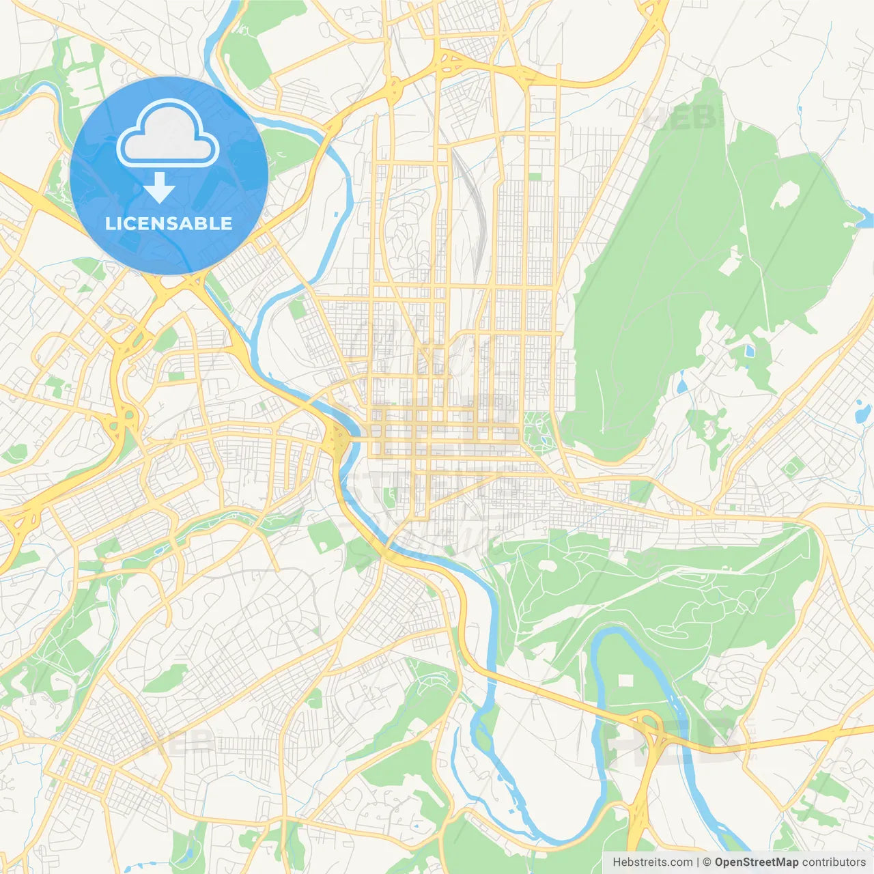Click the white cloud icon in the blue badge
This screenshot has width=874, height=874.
pyautogui.click(x=168, y=133)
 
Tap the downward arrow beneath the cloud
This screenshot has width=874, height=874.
pyautogui.click(x=159, y=188)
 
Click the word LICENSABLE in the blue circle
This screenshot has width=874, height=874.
pyautogui.click(x=169, y=223)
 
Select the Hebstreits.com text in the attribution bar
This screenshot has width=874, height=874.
pyautogui.click(x=652, y=862)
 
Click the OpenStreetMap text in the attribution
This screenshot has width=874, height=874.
pyautogui.click(x=756, y=862)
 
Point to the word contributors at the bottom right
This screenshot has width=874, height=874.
pyautogui.click(x=834, y=862)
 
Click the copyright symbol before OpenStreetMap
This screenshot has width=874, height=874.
pyautogui.click(x=707, y=862)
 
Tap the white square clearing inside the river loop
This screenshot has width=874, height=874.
pyautogui.click(x=627, y=681)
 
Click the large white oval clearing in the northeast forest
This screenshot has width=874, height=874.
pyautogui.click(x=786, y=195)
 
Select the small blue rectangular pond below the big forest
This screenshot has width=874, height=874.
pyautogui.click(x=750, y=352)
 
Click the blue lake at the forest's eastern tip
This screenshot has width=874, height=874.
pyautogui.click(x=864, y=218)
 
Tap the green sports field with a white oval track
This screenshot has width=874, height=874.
pyautogui.click(x=792, y=468)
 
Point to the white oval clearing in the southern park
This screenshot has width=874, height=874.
pyautogui.click(x=548, y=565)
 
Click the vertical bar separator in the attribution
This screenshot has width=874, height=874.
pyautogui.click(x=698, y=862)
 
